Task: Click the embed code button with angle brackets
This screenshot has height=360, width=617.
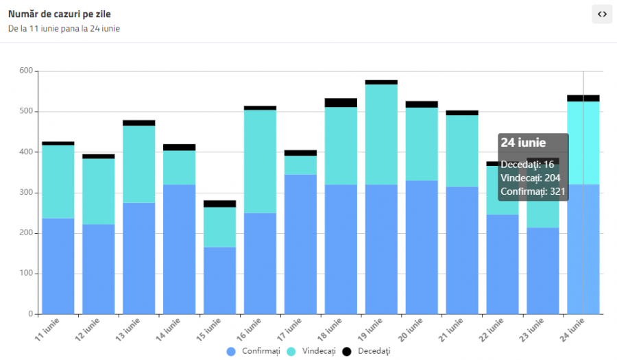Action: (602, 14)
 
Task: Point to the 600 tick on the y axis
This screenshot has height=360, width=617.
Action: (26, 71)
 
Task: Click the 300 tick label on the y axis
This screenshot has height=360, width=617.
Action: (26, 193)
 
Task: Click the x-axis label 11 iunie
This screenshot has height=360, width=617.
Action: (47, 330)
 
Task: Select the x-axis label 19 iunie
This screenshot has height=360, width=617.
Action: (371, 330)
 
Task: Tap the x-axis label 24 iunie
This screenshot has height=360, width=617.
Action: (573, 330)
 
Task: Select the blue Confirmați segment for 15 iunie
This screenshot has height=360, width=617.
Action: (219, 280)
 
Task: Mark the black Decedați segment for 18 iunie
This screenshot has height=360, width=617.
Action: (341, 103)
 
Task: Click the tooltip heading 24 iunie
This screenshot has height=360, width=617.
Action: (523, 143)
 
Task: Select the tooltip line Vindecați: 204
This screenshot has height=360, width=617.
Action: (531, 178)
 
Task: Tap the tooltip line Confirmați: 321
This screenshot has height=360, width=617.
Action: (533, 192)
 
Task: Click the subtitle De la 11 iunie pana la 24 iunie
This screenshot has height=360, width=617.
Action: (64, 29)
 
